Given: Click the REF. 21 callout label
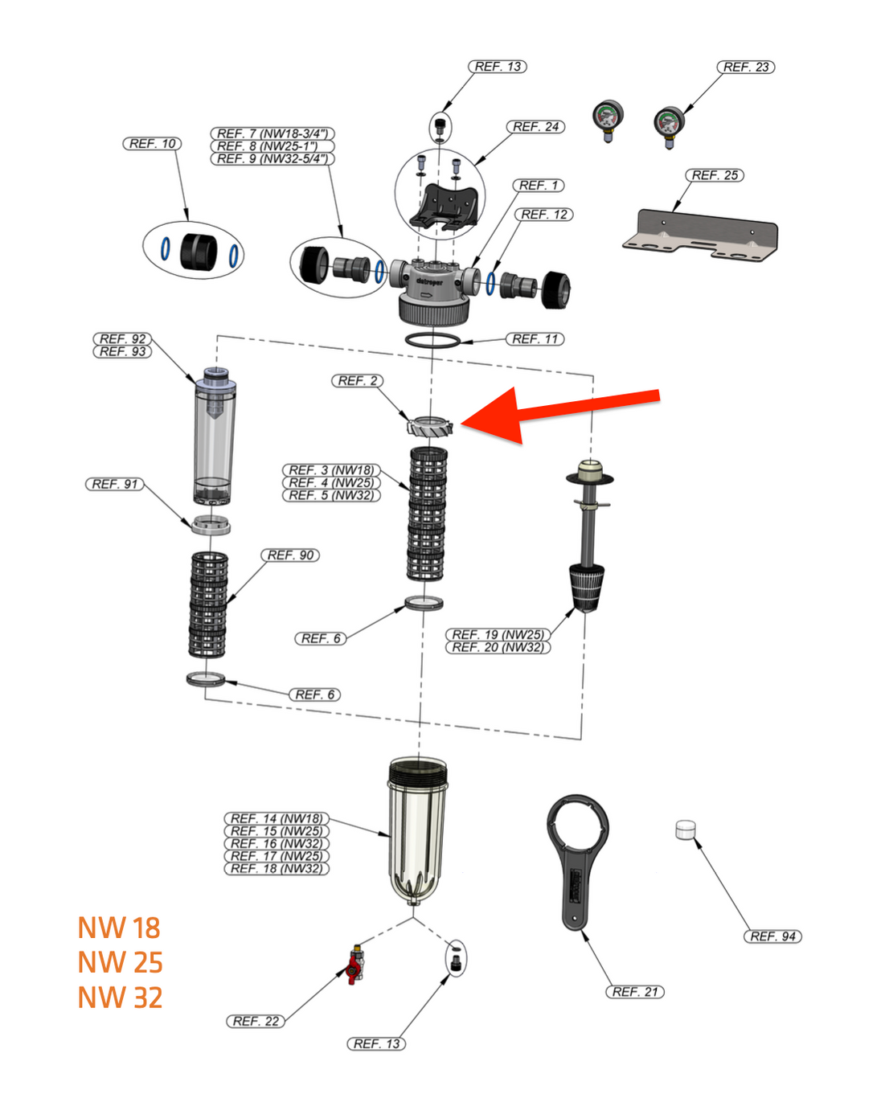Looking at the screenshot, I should point(634,991).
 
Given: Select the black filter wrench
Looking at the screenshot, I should point(577,860).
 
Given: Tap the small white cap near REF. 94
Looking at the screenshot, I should point(685,830).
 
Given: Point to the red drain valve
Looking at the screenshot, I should point(354,965).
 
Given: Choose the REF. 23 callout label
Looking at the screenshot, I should point(745,67).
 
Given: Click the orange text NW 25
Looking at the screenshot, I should point(120,962).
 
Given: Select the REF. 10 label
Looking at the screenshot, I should point(152,143).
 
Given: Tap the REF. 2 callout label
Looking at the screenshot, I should point(357,380).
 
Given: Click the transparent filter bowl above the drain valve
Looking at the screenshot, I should point(417,828).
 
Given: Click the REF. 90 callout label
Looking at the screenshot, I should point(289,555).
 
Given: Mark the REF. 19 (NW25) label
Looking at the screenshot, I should point(498,634).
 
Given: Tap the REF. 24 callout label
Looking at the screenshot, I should point(535,126).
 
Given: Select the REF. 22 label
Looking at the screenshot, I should point(256,1021).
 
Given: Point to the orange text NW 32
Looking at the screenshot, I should point(120,998).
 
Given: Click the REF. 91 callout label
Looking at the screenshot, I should point(114,484).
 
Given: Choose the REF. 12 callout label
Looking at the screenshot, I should point(543,214).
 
